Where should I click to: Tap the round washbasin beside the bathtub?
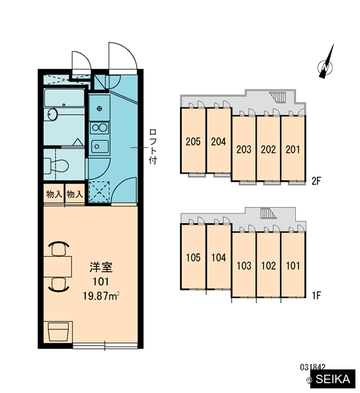[52, 114]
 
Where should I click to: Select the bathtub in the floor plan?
[64, 98]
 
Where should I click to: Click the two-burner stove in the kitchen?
[99, 128]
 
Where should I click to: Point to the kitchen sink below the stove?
[99, 146]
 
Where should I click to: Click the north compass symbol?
[325, 65]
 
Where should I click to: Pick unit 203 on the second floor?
[243, 149]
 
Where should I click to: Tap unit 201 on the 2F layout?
[293, 149]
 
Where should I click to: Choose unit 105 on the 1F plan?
[193, 257]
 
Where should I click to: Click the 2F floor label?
[316, 181]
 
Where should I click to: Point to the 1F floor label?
[316, 295]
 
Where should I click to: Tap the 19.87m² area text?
[101, 296]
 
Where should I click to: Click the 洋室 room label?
[101, 267]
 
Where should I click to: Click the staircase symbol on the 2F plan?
[278, 97]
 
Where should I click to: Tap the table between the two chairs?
[58, 267]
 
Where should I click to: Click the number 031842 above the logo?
[313, 367]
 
